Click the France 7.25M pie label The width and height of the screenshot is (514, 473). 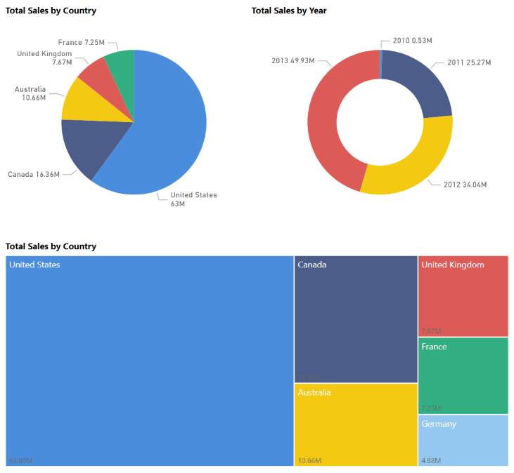[x=82, y=43]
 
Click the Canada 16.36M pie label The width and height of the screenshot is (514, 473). [x=34, y=174]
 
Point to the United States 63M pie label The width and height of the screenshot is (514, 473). [x=193, y=199]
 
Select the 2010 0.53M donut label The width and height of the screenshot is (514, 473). [x=412, y=41]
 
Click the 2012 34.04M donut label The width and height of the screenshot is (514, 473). [x=465, y=185]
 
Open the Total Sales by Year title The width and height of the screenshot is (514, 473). [x=289, y=11]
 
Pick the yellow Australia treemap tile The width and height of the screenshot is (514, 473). [x=355, y=425]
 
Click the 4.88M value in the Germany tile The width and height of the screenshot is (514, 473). [x=431, y=460]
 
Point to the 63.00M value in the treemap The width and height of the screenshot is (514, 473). [x=20, y=460]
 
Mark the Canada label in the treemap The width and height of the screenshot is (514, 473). [x=311, y=265]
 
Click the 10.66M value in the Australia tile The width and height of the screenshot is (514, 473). [x=309, y=460]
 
